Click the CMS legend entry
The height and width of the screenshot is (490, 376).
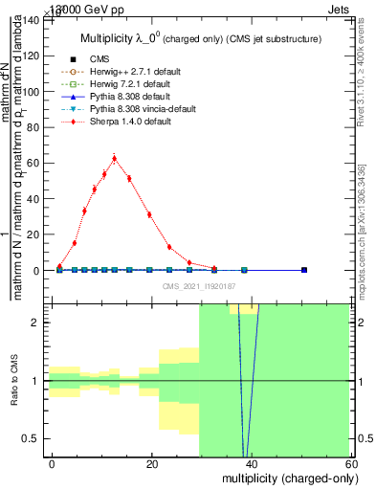click(x=98, y=58)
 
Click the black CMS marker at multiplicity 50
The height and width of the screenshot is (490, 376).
click(x=304, y=270)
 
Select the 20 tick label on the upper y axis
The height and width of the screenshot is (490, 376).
click(x=34, y=234)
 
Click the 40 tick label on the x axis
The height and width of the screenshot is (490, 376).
click(x=251, y=464)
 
